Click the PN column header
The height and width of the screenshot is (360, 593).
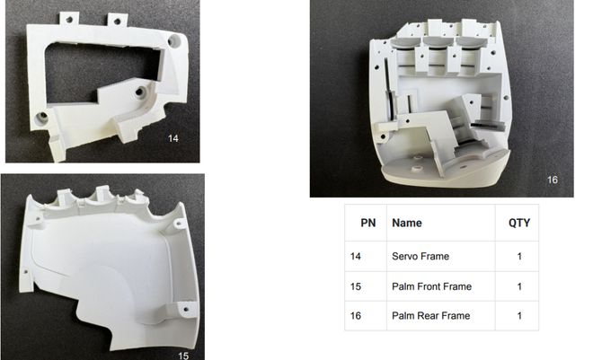pos(367,223)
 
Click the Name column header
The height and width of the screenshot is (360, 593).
pos(407,223)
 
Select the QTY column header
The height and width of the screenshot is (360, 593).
pos(518,223)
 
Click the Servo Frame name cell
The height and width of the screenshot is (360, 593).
pos(420,257)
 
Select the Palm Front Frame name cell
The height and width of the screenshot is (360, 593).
pos(431,286)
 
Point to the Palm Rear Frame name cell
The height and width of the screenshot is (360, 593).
pos(430,316)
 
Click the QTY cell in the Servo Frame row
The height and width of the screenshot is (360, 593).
pos(518,257)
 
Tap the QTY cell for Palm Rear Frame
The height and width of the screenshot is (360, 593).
pos(518,316)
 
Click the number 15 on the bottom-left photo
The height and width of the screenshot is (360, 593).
pos(183,356)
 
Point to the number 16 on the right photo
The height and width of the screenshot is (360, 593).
pos(552,180)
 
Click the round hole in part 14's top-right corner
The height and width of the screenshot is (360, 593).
pos(175,41)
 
